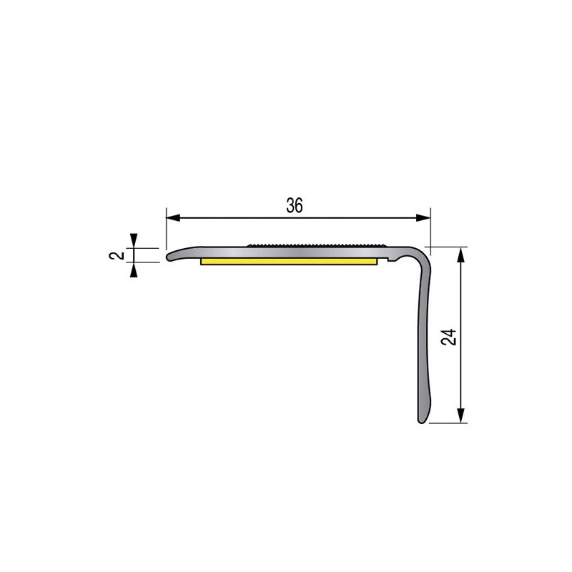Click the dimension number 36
(x=295, y=205)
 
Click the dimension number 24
(x=449, y=337)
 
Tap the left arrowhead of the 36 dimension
(x=173, y=218)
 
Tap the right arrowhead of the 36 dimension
(x=423, y=218)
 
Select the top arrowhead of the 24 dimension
(x=461, y=255)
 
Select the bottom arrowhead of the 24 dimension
(x=461, y=415)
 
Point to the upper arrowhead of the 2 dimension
(x=134, y=240)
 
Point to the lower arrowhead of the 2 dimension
(x=134, y=270)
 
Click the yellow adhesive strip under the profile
(x=289, y=261)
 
